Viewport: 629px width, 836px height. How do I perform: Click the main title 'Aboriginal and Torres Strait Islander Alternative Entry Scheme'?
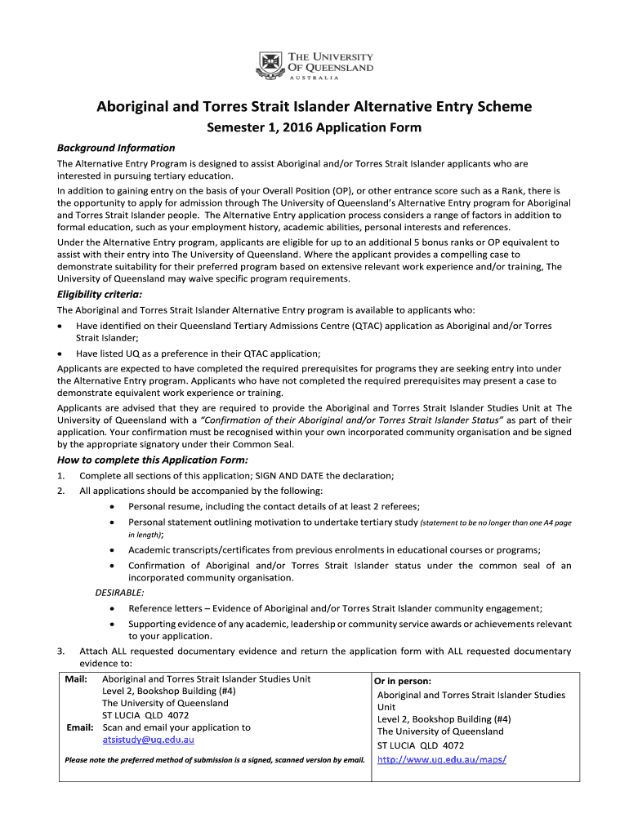pos(314,107)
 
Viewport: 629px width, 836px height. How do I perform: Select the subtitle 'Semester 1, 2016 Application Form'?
pos(314,127)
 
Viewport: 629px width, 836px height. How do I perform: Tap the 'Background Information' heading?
pos(115,148)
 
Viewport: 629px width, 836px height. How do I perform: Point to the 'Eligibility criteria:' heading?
pos(99,294)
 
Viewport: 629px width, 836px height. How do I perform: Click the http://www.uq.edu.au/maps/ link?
pos(442,758)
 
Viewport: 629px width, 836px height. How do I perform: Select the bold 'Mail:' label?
pos(78,678)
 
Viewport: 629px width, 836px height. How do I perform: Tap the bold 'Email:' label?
pos(79,727)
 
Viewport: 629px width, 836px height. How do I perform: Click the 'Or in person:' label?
pos(403,681)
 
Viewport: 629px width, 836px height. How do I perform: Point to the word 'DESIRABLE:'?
pos(120,592)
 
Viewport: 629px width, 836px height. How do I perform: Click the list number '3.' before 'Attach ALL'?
pos(61,651)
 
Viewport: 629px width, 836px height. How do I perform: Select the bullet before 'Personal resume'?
pos(111,507)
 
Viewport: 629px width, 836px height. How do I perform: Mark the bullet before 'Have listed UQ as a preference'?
pos(60,354)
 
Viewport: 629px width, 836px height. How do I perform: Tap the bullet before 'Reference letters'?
pos(111,608)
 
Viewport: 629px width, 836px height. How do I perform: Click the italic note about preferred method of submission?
pos(215,760)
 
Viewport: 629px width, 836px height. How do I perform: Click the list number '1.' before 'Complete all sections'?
pos(61,476)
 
